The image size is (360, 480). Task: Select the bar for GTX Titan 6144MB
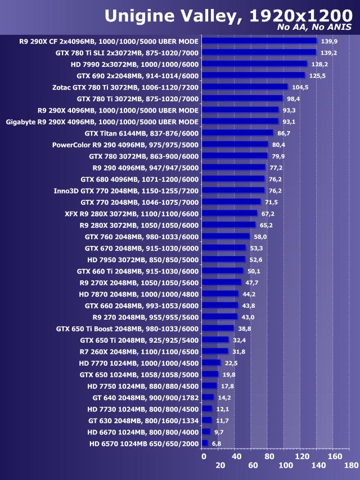[x=237, y=133]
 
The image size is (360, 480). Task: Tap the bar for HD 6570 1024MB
[x=205, y=443]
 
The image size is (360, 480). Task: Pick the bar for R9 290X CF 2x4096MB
[x=259, y=41]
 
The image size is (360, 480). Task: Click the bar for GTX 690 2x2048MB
[x=253, y=75]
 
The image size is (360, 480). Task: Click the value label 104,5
[x=300, y=87]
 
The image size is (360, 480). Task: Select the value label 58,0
[x=260, y=236]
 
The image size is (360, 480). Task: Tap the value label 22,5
[x=231, y=363]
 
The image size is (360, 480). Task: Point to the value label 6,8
[x=216, y=443]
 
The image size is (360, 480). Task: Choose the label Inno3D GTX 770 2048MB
[x=126, y=190]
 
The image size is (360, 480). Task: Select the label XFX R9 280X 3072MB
[x=132, y=213]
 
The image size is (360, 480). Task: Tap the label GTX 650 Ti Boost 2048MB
[x=127, y=328]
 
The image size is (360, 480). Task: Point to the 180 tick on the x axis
[x=352, y=465]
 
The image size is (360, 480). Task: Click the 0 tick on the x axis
[x=204, y=456]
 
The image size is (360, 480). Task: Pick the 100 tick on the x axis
[x=285, y=465]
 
